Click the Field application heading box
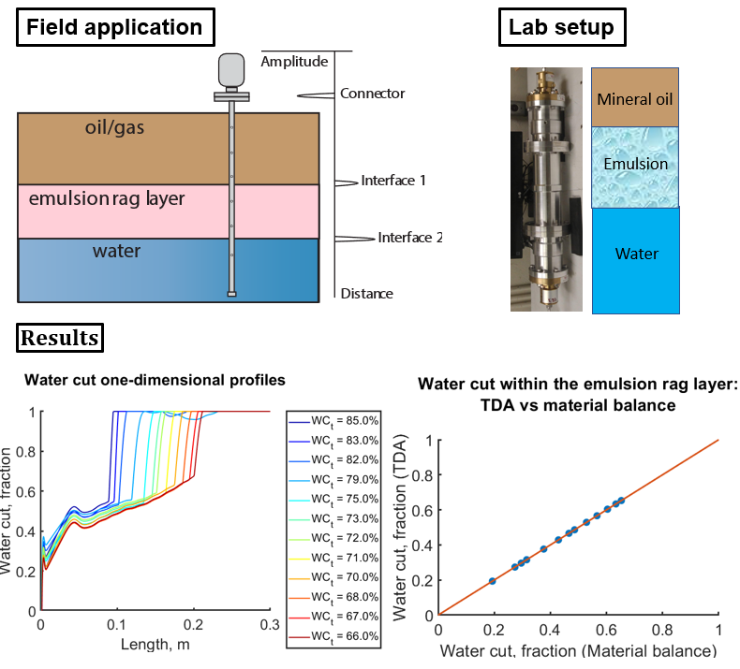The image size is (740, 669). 114,26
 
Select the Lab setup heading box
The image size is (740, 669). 561,26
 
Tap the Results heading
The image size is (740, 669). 60,337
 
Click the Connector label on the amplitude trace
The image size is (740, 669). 372,94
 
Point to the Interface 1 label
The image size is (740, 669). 393,180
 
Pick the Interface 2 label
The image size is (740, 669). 410,238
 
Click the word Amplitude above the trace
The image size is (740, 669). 294,62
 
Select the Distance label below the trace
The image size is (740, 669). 366,294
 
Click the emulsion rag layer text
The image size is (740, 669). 107,198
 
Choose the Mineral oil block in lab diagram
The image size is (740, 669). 635,97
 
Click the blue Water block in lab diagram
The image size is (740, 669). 635,254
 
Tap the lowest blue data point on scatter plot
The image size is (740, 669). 492,581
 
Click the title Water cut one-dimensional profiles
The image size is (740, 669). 155,380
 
